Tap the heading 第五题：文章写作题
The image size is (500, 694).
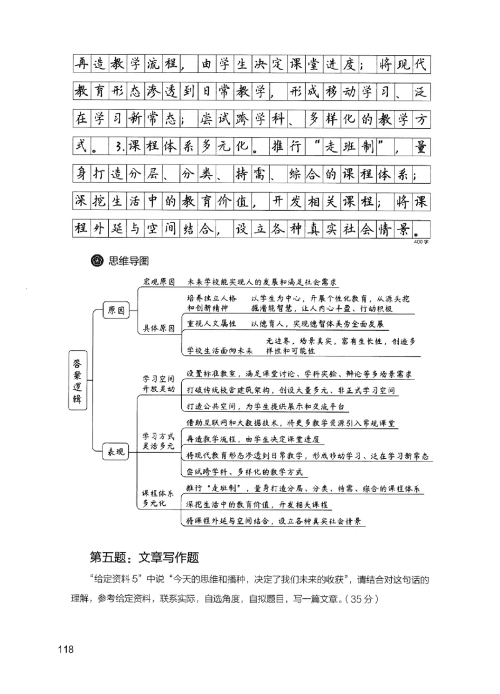[144, 556]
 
